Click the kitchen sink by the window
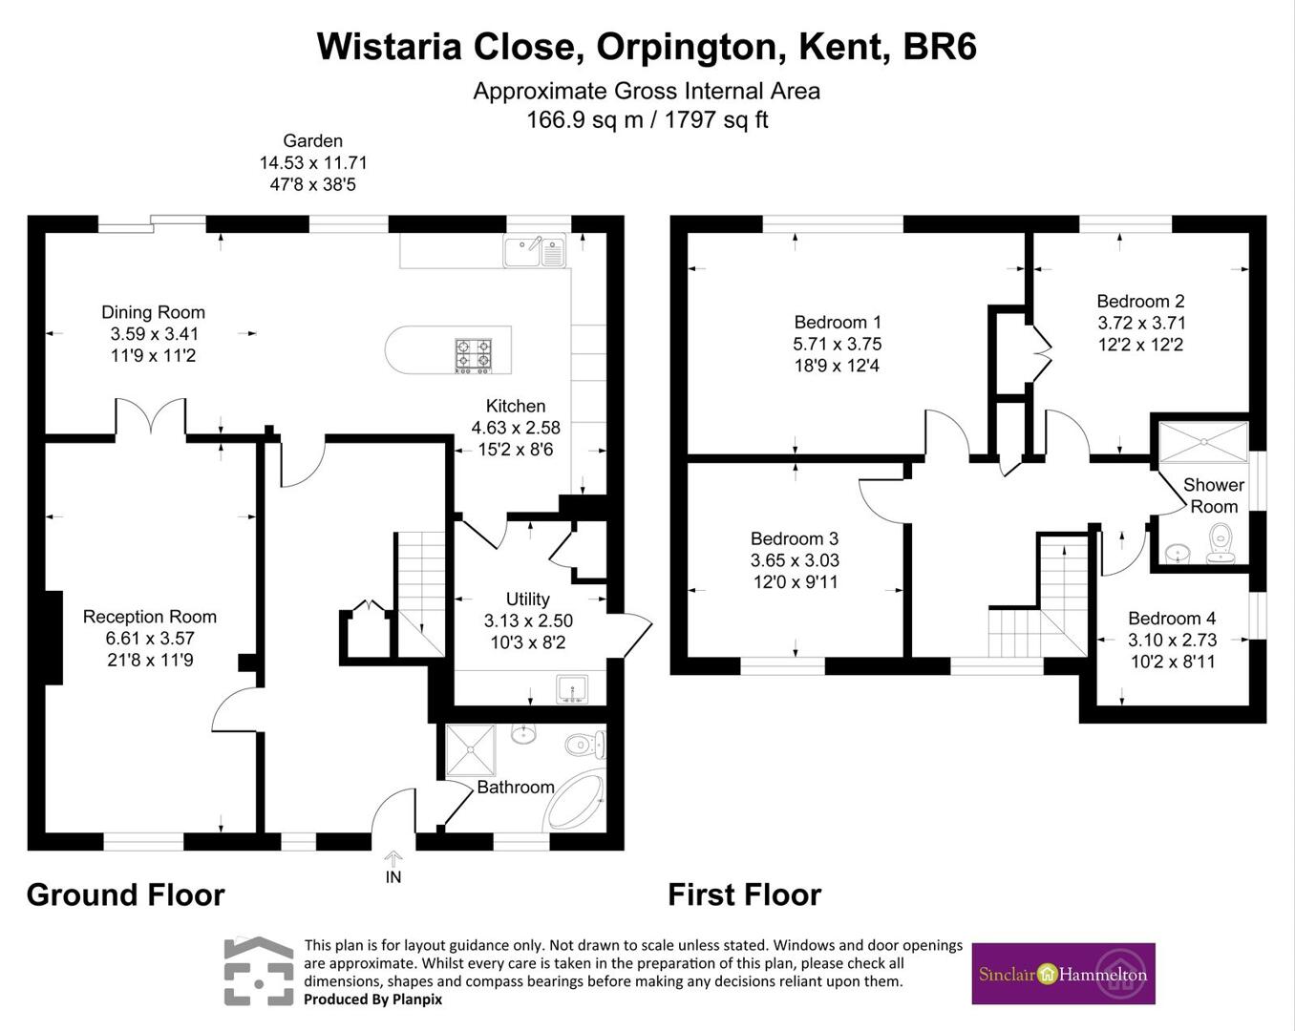[x=535, y=252]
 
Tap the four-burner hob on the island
[x=473, y=355]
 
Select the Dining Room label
[x=153, y=312]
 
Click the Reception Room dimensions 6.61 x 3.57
[x=151, y=639]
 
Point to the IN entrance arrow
[x=393, y=859]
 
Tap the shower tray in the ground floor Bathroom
[x=470, y=749]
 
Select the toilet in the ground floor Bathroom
[x=584, y=745]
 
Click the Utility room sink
[x=572, y=688]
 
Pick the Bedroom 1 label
[x=837, y=323]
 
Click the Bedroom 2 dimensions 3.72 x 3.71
[x=1141, y=323]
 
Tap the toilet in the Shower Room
[x=1221, y=544]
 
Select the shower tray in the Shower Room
[x=1203, y=442]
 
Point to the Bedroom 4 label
[x=1172, y=619]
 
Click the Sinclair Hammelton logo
[x=1063, y=974]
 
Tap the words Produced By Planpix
[x=372, y=999]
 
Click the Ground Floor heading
[x=125, y=895]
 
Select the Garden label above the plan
[x=312, y=140]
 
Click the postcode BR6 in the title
[x=940, y=47]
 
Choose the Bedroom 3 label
[x=795, y=538]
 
